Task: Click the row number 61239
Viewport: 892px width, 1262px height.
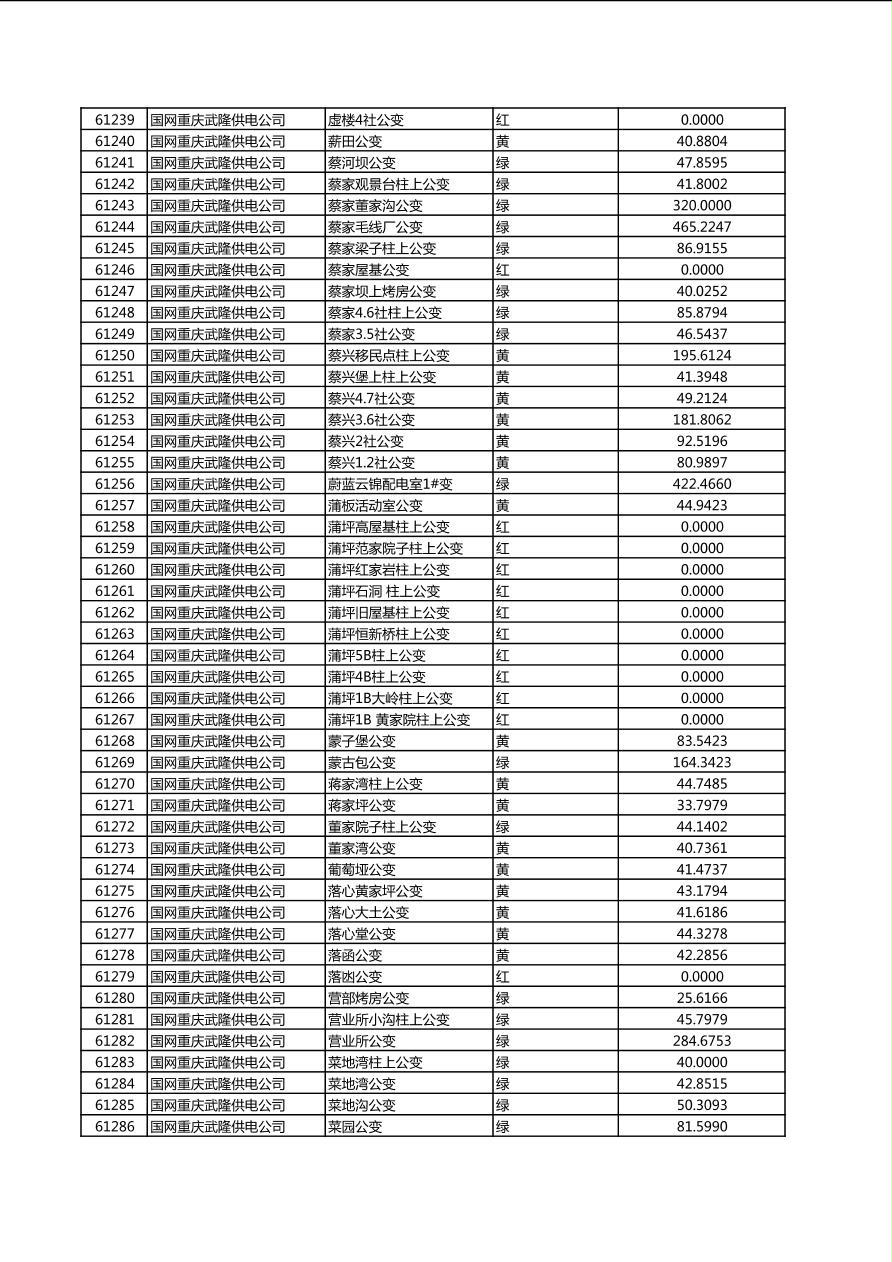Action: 114,120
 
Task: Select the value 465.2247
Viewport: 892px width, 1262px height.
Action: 701,227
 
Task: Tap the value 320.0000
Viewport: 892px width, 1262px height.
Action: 701,206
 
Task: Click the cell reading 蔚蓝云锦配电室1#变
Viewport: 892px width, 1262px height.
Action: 390,484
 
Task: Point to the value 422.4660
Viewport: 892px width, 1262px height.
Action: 701,484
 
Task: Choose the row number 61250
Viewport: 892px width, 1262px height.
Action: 114,356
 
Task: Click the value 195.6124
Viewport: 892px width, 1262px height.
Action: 701,356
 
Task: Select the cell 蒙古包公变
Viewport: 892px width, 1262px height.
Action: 362,763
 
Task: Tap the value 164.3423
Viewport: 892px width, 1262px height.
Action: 701,763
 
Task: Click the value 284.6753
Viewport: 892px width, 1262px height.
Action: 701,1041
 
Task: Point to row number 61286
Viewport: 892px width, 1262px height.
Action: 114,1127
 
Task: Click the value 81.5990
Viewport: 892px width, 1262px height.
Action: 701,1127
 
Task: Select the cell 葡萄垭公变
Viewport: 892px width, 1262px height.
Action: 362,870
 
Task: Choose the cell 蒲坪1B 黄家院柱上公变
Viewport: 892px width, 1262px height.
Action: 399,720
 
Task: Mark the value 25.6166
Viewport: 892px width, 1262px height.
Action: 701,998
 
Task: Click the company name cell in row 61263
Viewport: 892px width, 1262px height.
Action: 218,634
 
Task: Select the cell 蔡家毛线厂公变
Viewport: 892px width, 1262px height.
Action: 375,227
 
